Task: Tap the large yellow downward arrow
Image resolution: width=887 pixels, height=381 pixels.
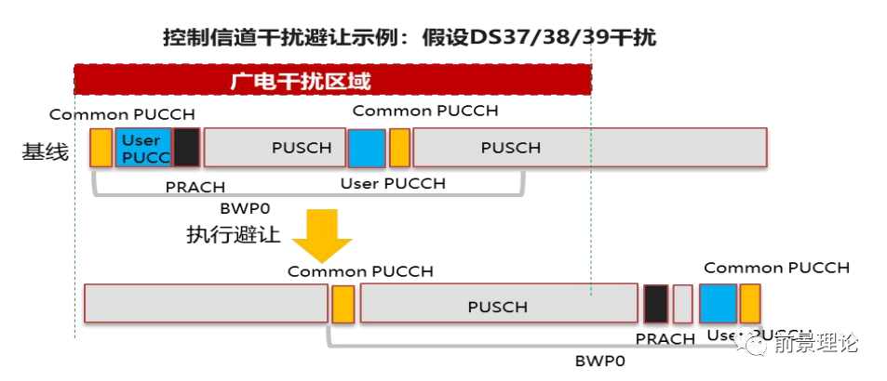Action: tap(321, 236)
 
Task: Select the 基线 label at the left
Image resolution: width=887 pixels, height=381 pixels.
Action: tap(45, 151)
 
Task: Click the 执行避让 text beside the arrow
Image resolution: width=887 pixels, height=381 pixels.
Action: tap(234, 234)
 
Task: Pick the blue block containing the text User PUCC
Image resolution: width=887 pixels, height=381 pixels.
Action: tap(142, 148)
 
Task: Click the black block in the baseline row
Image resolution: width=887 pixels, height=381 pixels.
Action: tap(186, 148)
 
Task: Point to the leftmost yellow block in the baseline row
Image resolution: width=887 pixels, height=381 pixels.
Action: tap(101, 148)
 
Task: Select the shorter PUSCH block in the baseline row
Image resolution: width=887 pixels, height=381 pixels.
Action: tap(274, 148)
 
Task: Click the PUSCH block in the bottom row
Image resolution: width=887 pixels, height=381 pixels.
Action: tap(497, 305)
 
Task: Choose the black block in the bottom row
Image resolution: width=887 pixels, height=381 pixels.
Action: tap(656, 304)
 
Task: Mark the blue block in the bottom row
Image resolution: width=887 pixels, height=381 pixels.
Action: tap(718, 304)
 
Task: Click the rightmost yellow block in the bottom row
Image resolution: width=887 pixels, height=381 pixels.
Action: tap(749, 304)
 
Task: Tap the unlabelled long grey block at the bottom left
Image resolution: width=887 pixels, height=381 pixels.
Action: tap(206, 304)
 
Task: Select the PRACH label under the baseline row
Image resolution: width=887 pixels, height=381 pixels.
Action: tap(195, 187)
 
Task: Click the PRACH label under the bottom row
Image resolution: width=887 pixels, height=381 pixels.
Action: tap(665, 339)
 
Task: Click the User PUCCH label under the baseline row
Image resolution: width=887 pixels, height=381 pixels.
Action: tap(393, 183)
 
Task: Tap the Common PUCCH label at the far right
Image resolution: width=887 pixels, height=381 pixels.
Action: tap(776, 268)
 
